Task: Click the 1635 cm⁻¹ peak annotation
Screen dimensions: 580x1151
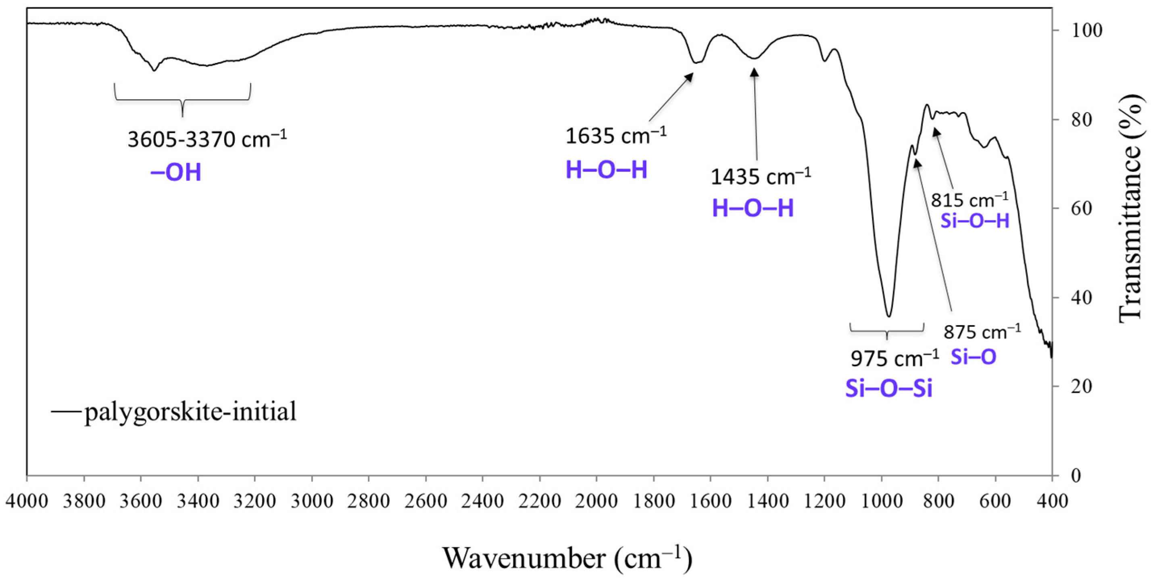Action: coord(616,135)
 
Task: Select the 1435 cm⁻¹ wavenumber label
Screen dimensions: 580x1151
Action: coord(761,177)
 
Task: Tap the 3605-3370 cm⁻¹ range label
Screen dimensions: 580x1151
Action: coord(207,140)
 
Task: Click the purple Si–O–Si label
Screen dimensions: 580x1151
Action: coord(889,389)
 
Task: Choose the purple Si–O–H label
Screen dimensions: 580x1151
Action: coord(975,221)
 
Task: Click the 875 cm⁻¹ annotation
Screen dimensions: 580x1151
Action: coord(982,332)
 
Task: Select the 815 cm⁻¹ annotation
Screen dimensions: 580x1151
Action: coord(970,200)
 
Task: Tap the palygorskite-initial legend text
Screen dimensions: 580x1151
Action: coord(190,411)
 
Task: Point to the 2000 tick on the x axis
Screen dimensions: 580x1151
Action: coord(596,501)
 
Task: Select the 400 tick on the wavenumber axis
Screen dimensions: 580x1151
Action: coord(1052,501)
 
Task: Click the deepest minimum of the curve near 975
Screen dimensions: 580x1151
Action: coord(889,316)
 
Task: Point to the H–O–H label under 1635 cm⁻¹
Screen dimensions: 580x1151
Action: coord(606,170)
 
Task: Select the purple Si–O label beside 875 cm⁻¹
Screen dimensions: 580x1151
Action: coord(973,357)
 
